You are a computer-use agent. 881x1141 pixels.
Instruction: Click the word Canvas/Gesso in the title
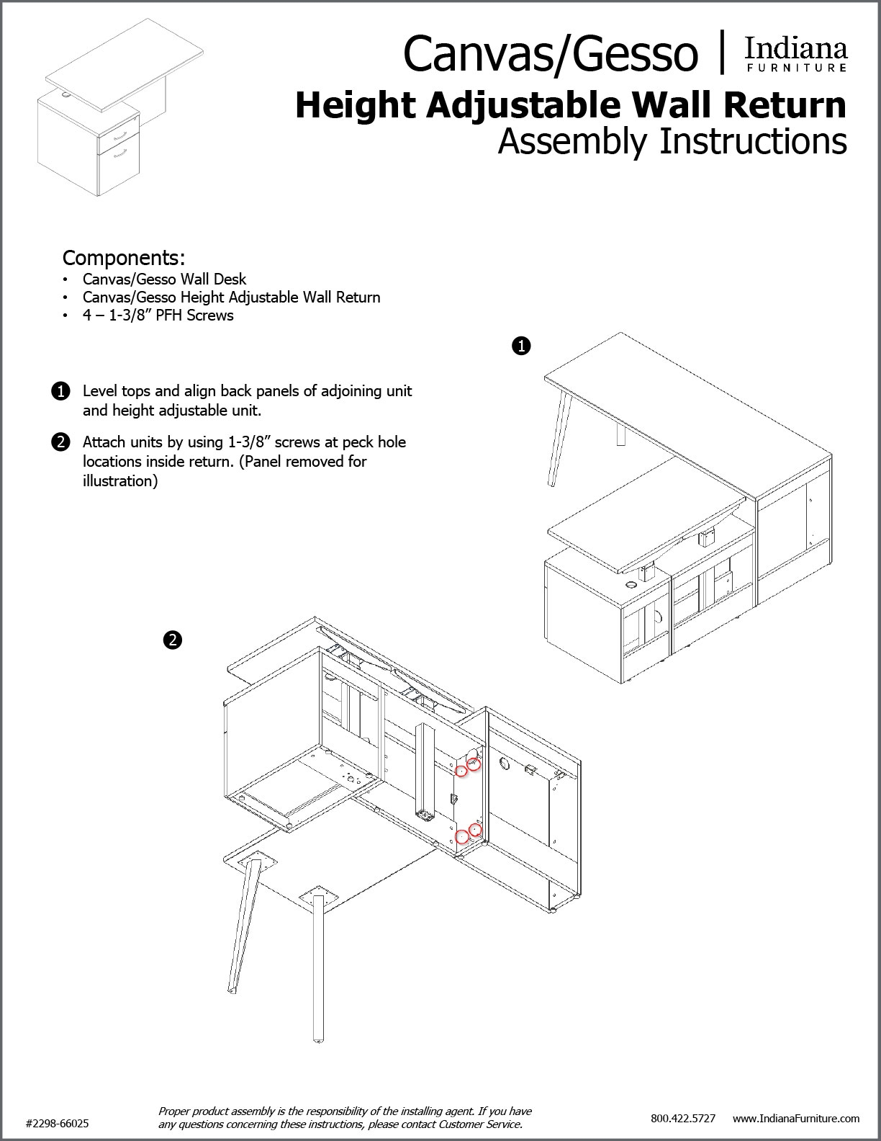(x=551, y=55)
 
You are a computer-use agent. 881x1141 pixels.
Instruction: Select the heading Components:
(x=124, y=257)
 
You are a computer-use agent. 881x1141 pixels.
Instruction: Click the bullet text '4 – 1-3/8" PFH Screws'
(x=158, y=316)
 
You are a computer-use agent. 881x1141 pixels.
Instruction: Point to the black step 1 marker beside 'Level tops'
(x=61, y=392)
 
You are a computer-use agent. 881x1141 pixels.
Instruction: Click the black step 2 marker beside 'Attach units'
(x=61, y=442)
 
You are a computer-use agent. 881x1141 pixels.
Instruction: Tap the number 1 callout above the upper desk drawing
(x=520, y=346)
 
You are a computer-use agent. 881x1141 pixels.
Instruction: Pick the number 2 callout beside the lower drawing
(x=172, y=639)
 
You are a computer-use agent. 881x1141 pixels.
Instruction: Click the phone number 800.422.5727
(x=682, y=1118)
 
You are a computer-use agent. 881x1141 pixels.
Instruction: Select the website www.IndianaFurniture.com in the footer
(x=796, y=1118)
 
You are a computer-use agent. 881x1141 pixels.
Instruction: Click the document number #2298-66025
(x=58, y=1123)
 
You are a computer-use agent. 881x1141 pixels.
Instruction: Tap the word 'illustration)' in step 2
(x=120, y=481)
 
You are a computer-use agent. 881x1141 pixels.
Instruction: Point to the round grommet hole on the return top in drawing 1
(x=632, y=585)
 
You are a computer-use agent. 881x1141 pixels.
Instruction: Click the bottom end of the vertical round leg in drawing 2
(x=317, y=1039)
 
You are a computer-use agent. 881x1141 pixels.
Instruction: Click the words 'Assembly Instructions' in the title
(x=672, y=141)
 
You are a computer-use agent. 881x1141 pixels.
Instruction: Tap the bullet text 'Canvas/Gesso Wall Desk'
(x=164, y=279)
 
